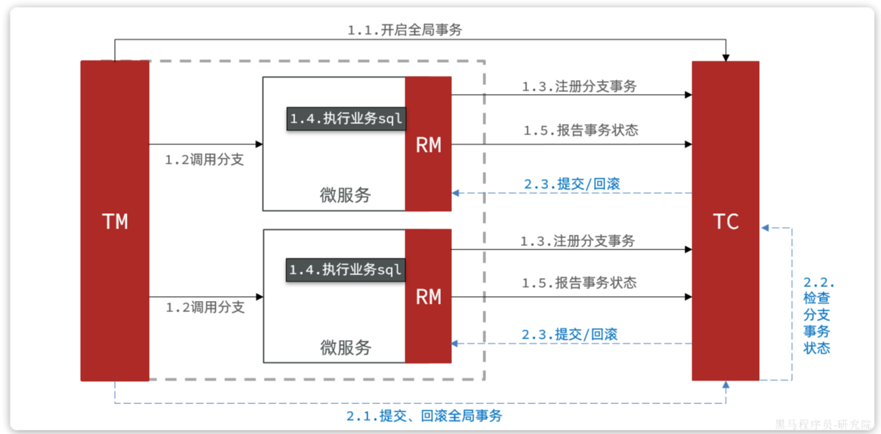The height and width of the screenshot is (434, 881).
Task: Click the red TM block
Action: (115, 221)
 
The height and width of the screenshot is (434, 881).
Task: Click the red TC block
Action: (725, 221)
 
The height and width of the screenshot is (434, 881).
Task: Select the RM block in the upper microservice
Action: (428, 144)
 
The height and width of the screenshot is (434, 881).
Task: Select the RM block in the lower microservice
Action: (428, 297)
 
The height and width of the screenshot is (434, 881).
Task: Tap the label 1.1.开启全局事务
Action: (405, 30)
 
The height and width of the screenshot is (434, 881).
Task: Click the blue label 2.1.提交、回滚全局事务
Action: (423, 416)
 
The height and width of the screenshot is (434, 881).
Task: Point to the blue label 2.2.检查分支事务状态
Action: (818, 316)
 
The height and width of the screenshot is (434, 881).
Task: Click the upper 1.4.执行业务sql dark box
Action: (346, 118)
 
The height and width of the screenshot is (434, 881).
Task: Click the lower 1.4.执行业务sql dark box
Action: (346, 270)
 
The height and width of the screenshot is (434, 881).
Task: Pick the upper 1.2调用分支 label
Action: (204, 160)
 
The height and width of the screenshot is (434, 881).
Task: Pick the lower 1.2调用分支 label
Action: (204, 307)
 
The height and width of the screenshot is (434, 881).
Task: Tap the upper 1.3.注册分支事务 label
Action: (579, 86)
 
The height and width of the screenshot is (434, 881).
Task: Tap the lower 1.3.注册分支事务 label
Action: (577, 241)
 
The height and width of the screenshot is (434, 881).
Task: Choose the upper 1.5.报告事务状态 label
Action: (580, 130)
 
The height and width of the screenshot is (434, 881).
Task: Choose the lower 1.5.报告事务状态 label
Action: (579, 283)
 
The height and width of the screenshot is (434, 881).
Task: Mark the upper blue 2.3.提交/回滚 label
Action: (571, 184)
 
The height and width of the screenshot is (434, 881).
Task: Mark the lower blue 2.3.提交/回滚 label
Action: (570, 334)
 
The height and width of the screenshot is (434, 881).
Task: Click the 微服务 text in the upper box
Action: (345, 195)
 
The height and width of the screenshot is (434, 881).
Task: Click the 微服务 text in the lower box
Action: (345, 347)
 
